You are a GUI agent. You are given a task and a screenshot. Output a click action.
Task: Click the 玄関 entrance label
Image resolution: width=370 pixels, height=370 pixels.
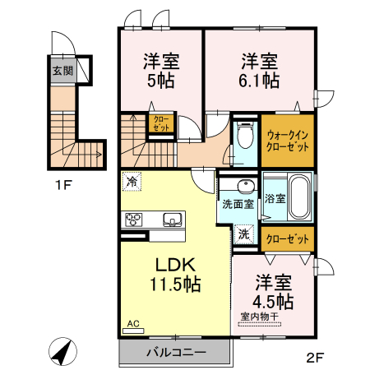[x=63, y=71]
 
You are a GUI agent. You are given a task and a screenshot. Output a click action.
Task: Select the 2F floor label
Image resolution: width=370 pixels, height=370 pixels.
[x=317, y=358]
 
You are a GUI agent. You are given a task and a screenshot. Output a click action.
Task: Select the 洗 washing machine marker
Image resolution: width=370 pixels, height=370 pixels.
[x=244, y=234]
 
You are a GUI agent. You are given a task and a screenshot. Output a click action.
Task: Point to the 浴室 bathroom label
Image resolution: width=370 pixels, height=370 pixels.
[x=275, y=198]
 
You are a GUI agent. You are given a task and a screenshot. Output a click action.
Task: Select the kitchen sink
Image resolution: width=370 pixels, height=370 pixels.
[x=173, y=219]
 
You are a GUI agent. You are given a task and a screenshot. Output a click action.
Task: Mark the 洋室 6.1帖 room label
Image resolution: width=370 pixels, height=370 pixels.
[x=260, y=70]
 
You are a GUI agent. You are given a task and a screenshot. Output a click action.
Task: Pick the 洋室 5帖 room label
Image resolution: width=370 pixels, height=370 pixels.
[x=161, y=70]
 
